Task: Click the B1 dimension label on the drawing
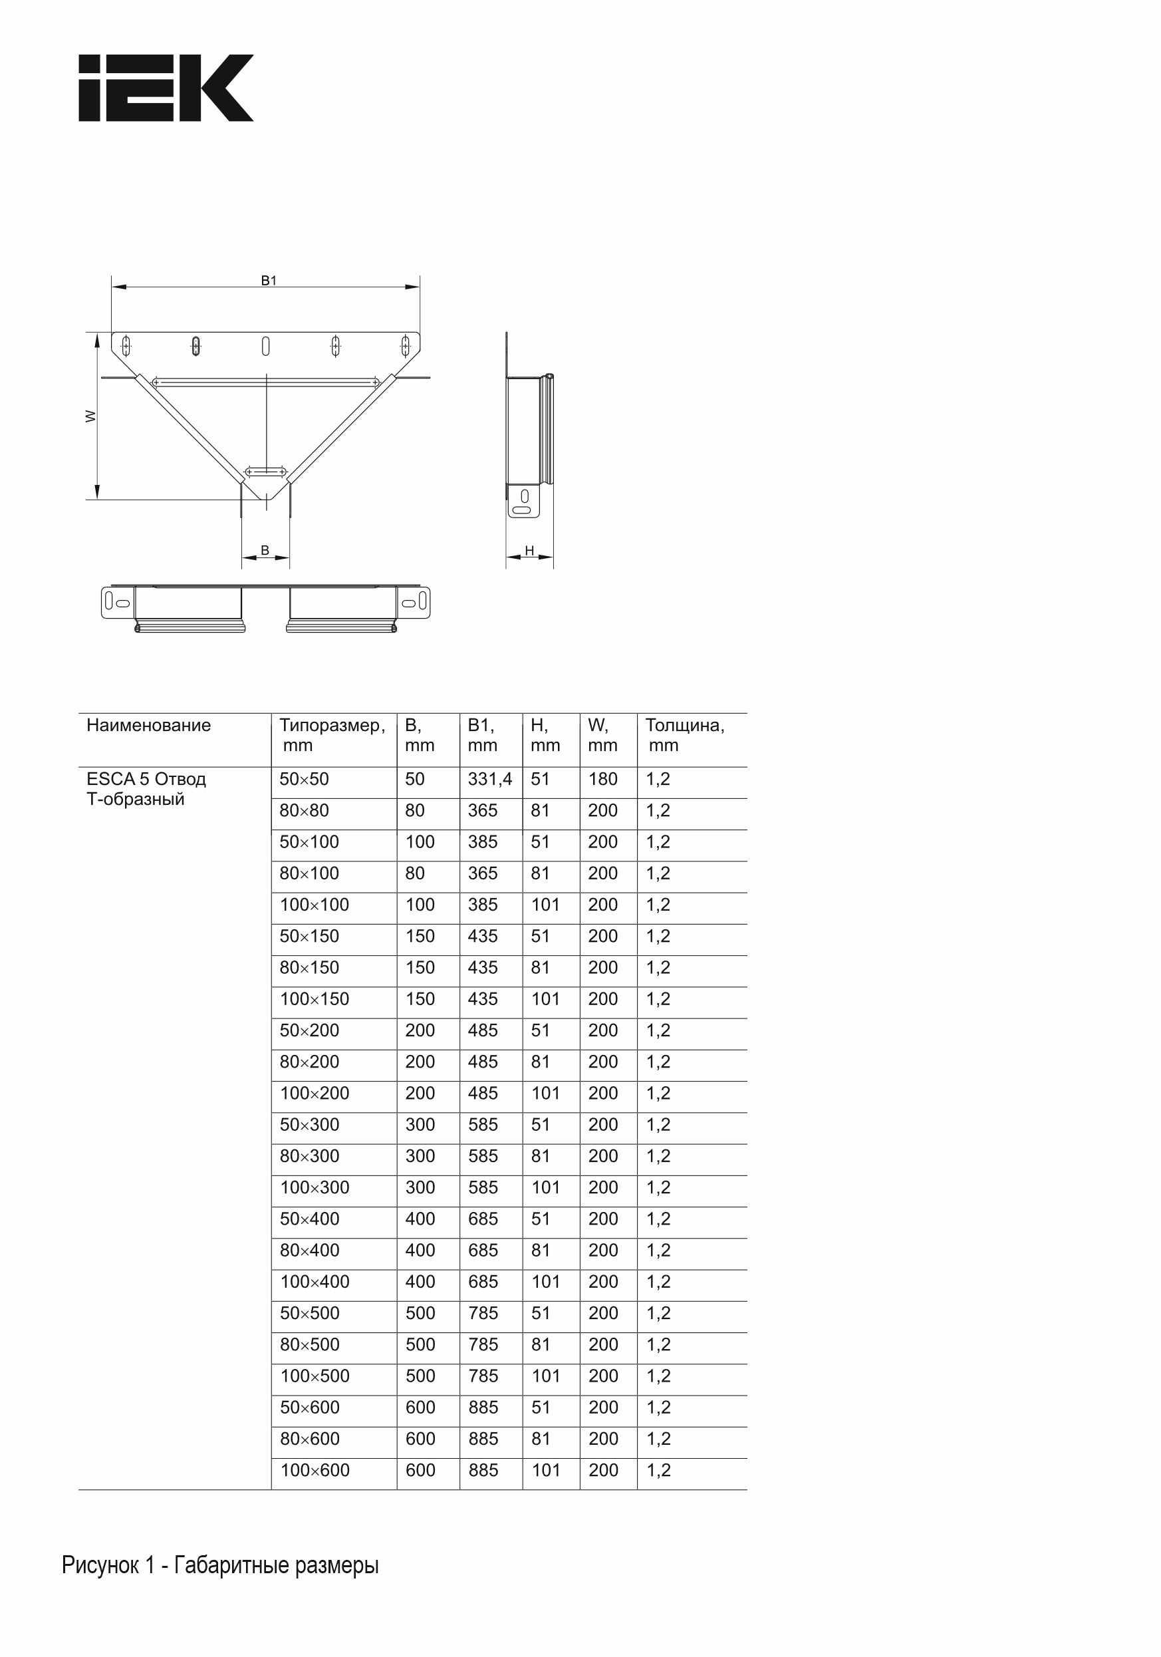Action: (x=269, y=281)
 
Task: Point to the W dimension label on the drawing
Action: (x=91, y=416)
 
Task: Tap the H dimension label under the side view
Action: (x=529, y=551)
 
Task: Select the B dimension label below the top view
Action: (x=265, y=550)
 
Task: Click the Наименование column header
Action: (x=149, y=725)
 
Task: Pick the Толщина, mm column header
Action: (x=684, y=734)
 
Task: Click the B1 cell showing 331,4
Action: (x=490, y=780)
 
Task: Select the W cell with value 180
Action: (x=602, y=780)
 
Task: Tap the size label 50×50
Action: (x=304, y=780)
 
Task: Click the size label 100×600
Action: (x=315, y=1470)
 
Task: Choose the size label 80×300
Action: (x=310, y=1156)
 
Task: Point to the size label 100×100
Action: (x=315, y=905)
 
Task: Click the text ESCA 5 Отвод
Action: (x=146, y=780)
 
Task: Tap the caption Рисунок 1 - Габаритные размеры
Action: (x=220, y=1565)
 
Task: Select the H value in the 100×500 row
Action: (x=545, y=1376)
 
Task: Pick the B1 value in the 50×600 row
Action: (x=483, y=1408)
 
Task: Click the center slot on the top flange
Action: (x=265, y=347)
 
